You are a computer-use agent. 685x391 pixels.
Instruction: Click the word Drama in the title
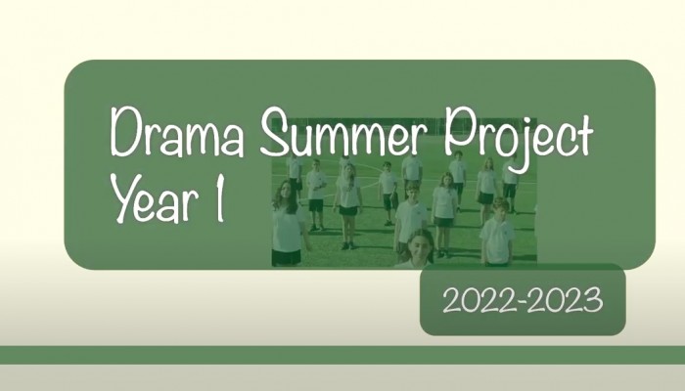coord(177,132)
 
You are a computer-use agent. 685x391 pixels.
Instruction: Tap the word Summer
coord(343,131)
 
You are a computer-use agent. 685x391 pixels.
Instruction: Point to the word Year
coord(154,198)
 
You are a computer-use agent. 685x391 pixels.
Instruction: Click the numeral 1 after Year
coord(220,198)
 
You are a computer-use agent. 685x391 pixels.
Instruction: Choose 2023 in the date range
coord(566,300)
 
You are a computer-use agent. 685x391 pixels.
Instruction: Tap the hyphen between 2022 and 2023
coord(522,301)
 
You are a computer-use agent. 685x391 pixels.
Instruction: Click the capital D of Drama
coord(125,132)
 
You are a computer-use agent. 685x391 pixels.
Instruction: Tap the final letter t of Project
coord(583,135)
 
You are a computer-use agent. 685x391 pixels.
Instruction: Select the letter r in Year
coord(189,205)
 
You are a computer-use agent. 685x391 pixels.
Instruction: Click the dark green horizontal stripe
coord(342,355)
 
